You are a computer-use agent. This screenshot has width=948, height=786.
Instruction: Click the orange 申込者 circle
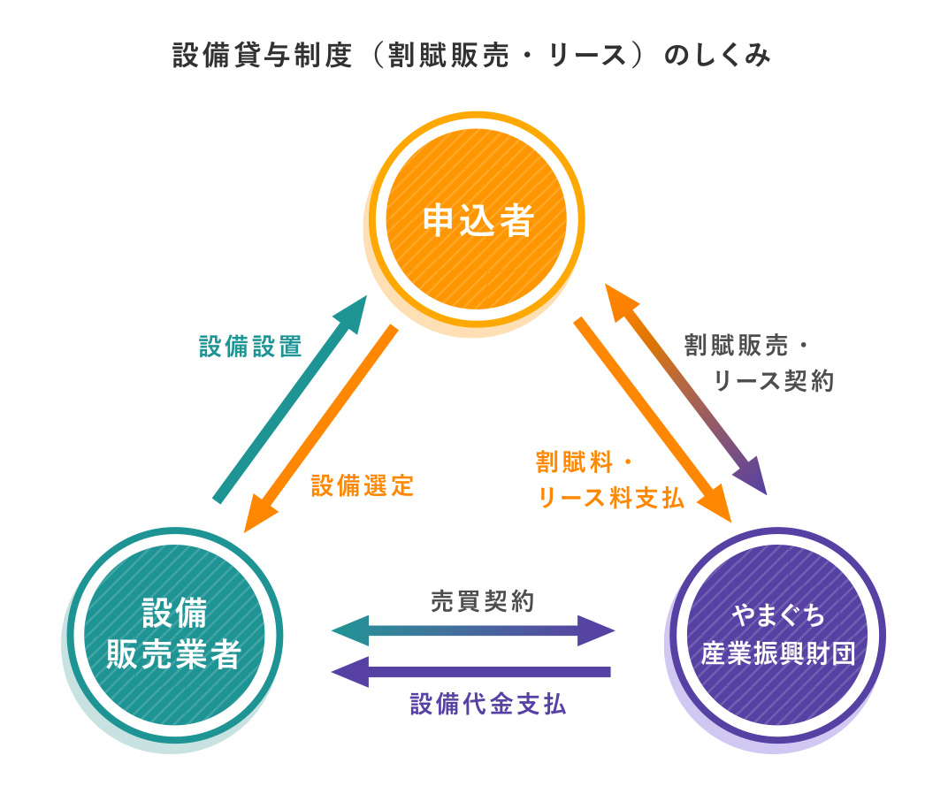[478, 220]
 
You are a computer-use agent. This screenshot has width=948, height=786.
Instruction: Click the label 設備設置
[251, 347]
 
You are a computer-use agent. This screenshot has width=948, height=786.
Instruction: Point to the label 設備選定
[363, 485]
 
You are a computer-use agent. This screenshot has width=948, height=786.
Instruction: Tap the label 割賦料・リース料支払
[610, 481]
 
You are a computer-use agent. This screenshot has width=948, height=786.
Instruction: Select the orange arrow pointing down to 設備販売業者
[320, 428]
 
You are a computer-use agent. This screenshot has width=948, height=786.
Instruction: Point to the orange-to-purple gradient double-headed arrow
[686, 389]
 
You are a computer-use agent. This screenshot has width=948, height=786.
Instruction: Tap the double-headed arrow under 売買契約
[472, 631]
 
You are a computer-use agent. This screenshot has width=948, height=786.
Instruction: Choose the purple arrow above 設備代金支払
[472, 672]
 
